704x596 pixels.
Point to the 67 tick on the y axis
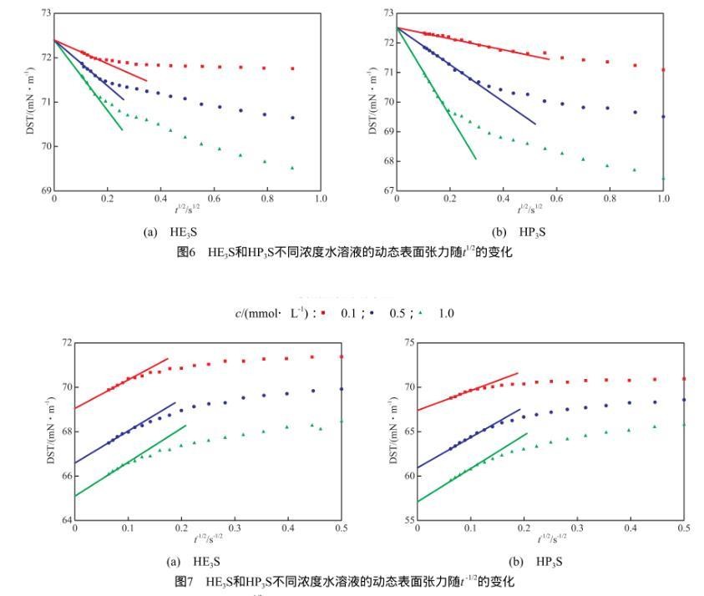387,190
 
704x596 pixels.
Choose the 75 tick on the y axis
408,343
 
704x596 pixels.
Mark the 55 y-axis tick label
408,521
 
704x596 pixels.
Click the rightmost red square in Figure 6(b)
663,69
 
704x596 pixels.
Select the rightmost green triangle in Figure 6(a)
292,168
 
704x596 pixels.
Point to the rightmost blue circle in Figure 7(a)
341,389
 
